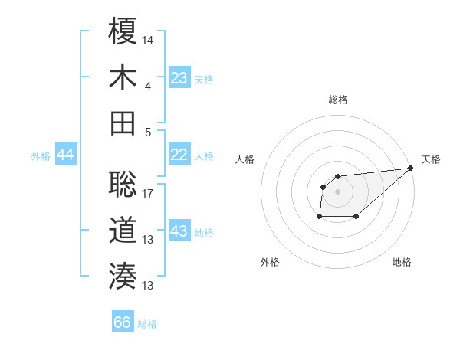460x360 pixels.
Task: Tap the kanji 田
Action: tap(123, 123)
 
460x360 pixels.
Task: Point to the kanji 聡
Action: tap(123, 184)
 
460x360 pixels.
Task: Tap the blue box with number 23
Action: tap(179, 78)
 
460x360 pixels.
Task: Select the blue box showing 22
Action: tap(179, 155)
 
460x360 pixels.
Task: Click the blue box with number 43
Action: tap(179, 231)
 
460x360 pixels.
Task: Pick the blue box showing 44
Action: tap(65, 155)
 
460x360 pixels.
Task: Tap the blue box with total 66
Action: tap(123, 322)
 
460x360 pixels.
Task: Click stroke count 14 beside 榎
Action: tap(148, 38)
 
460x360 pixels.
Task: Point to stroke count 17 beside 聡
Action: tap(148, 192)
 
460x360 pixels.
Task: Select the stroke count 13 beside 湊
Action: tap(148, 286)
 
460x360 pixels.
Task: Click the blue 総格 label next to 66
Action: tap(147, 324)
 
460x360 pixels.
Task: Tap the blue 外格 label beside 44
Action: tap(41, 156)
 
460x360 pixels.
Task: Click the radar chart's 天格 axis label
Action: tap(431, 159)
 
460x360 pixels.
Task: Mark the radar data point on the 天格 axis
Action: tap(411, 169)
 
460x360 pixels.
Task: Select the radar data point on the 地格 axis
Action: tap(356, 217)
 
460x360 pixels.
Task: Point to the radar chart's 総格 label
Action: tap(338, 100)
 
